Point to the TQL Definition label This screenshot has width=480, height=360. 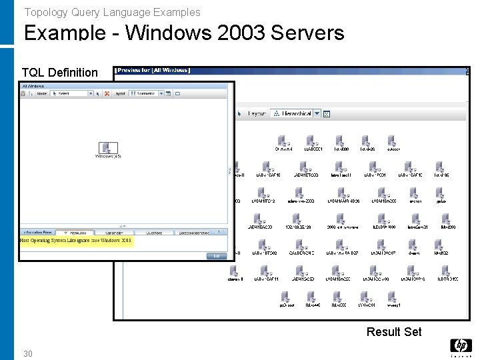coord(59,72)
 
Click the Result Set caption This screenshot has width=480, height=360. coord(394,331)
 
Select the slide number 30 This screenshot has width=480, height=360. coord(27,353)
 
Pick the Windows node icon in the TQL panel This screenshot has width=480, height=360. coord(107,148)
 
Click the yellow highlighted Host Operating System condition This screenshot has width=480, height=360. coord(77,241)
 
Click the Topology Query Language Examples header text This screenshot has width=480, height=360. coord(112,12)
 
